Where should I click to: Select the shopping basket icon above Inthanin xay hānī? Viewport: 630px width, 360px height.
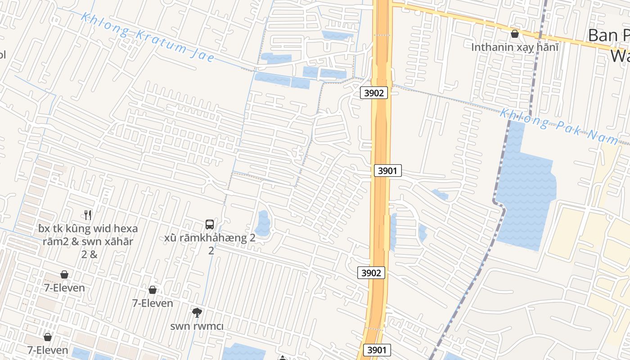pyautogui.click(x=515, y=34)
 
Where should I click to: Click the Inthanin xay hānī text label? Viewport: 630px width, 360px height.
pyautogui.click(x=515, y=47)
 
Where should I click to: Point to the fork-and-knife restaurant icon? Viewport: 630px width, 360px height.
pyautogui.click(x=88, y=215)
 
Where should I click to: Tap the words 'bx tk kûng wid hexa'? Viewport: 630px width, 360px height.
pyautogui.click(x=88, y=229)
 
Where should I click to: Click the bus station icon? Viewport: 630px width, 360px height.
pyautogui.click(x=210, y=225)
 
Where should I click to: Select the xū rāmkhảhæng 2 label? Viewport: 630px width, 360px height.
pyautogui.click(x=210, y=238)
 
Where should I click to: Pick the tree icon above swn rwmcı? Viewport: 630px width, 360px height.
pyautogui.click(x=197, y=312)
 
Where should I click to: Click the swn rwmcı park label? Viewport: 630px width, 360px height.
pyautogui.click(x=197, y=326)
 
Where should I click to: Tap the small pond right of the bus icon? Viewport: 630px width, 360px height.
pyautogui.click(x=262, y=224)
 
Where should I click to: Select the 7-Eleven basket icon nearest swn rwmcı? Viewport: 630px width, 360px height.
pyautogui.click(x=153, y=290)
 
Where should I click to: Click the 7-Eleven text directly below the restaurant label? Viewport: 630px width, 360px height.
pyautogui.click(x=64, y=288)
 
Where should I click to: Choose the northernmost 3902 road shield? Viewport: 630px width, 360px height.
pyautogui.click(x=374, y=93)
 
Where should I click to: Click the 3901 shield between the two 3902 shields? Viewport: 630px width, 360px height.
pyautogui.click(x=387, y=171)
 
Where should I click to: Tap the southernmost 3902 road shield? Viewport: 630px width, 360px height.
pyautogui.click(x=372, y=272)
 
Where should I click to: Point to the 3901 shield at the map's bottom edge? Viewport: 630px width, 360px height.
pyautogui.click(x=377, y=350)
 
